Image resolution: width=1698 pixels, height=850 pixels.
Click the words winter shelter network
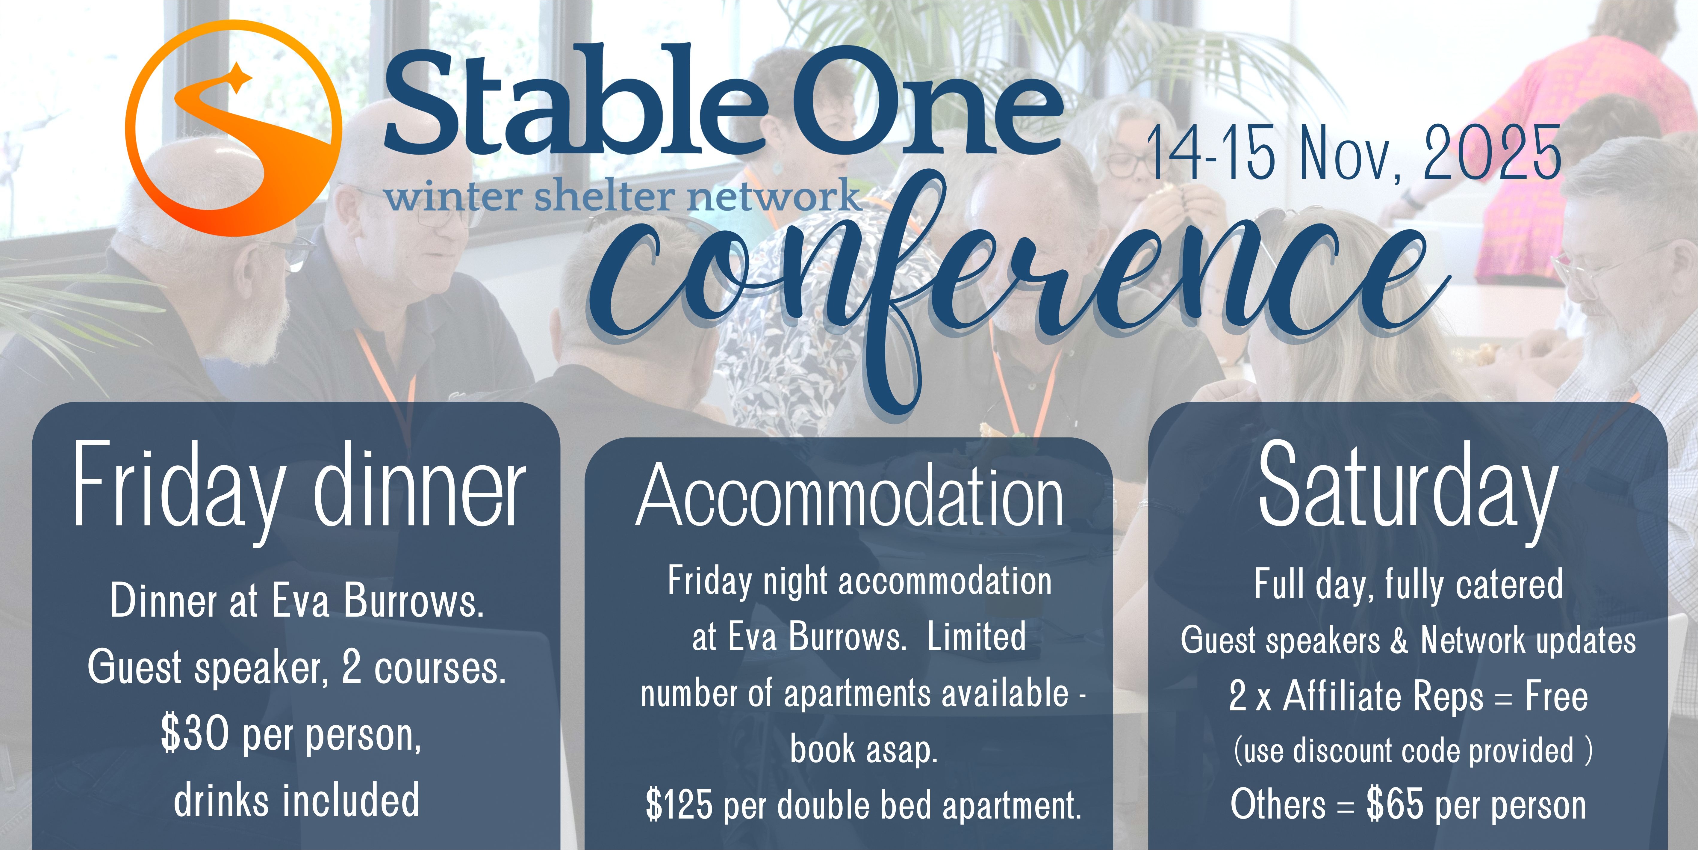click(x=623, y=196)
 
